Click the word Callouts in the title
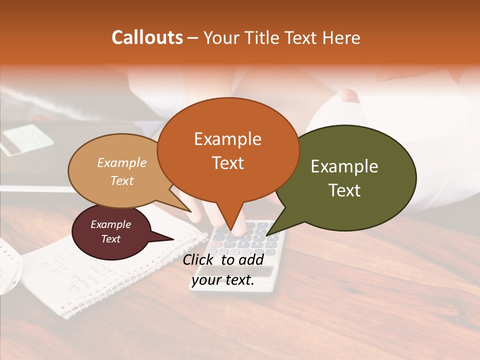coord(147,37)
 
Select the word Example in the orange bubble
coord(227,139)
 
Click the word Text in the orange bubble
coord(227,163)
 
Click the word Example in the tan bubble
coord(121,162)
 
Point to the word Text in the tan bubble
coord(121,180)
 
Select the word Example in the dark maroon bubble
coord(110,224)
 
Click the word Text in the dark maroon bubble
coord(110,239)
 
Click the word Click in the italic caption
coord(199,259)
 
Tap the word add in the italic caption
coord(251,259)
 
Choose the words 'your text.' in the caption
coord(222,280)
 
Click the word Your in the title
coord(220,37)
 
